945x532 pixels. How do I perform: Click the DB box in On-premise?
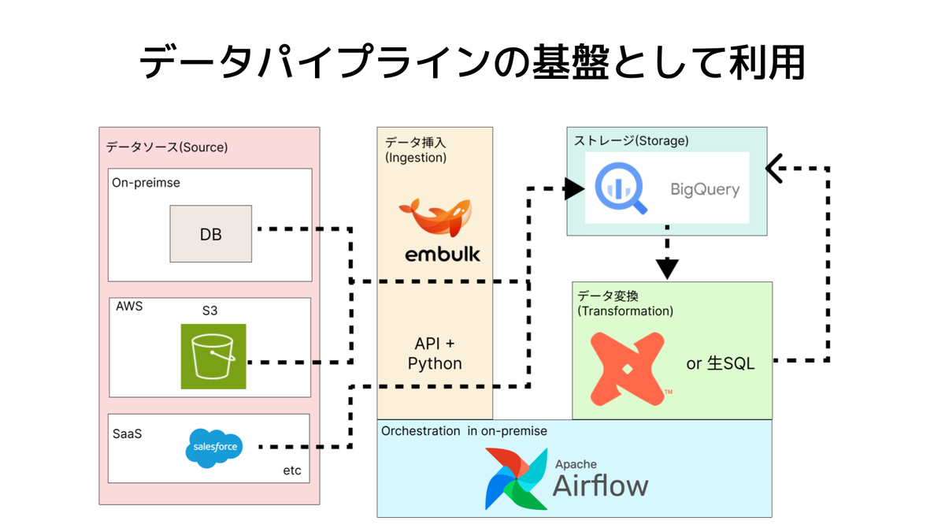(x=211, y=234)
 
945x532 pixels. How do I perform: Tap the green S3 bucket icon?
(x=213, y=356)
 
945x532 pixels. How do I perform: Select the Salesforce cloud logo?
(x=214, y=448)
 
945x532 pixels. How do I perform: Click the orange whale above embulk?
(x=435, y=217)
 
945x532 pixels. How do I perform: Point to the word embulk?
(x=443, y=254)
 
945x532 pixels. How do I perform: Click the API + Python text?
(x=435, y=353)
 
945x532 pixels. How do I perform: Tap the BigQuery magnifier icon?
(x=621, y=188)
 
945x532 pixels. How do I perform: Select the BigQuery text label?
(x=705, y=189)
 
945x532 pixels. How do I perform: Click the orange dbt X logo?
(x=628, y=369)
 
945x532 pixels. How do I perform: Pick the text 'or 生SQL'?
(x=720, y=363)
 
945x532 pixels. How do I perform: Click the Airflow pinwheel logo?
(x=517, y=479)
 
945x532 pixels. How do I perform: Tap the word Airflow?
(x=600, y=486)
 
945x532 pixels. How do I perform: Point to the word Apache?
(x=576, y=464)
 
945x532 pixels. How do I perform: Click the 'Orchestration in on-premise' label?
(x=464, y=430)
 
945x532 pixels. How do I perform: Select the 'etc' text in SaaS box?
(x=292, y=471)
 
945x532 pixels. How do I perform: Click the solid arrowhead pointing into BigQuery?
(x=574, y=188)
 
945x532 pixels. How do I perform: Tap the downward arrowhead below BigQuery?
(x=667, y=269)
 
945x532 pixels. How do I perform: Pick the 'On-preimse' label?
(x=146, y=182)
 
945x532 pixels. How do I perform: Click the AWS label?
(x=129, y=306)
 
